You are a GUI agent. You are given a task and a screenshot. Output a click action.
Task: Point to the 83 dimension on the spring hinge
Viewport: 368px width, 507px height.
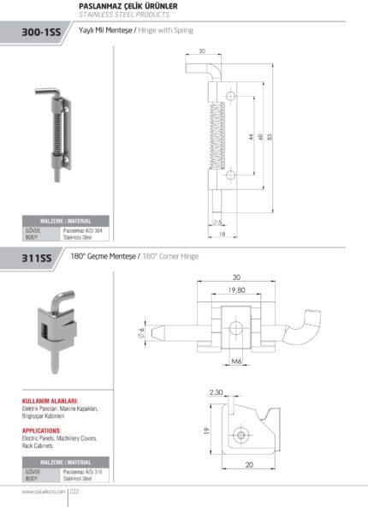[270, 136]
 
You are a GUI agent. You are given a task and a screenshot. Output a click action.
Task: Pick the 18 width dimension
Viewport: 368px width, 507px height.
[221, 233]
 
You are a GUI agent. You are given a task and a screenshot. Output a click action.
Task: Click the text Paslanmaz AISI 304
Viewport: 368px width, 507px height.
[83, 230]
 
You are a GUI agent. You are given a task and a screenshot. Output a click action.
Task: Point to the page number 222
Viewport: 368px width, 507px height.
[74, 492]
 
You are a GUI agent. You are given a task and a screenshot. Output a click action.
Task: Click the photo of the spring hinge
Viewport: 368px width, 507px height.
[57, 128]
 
